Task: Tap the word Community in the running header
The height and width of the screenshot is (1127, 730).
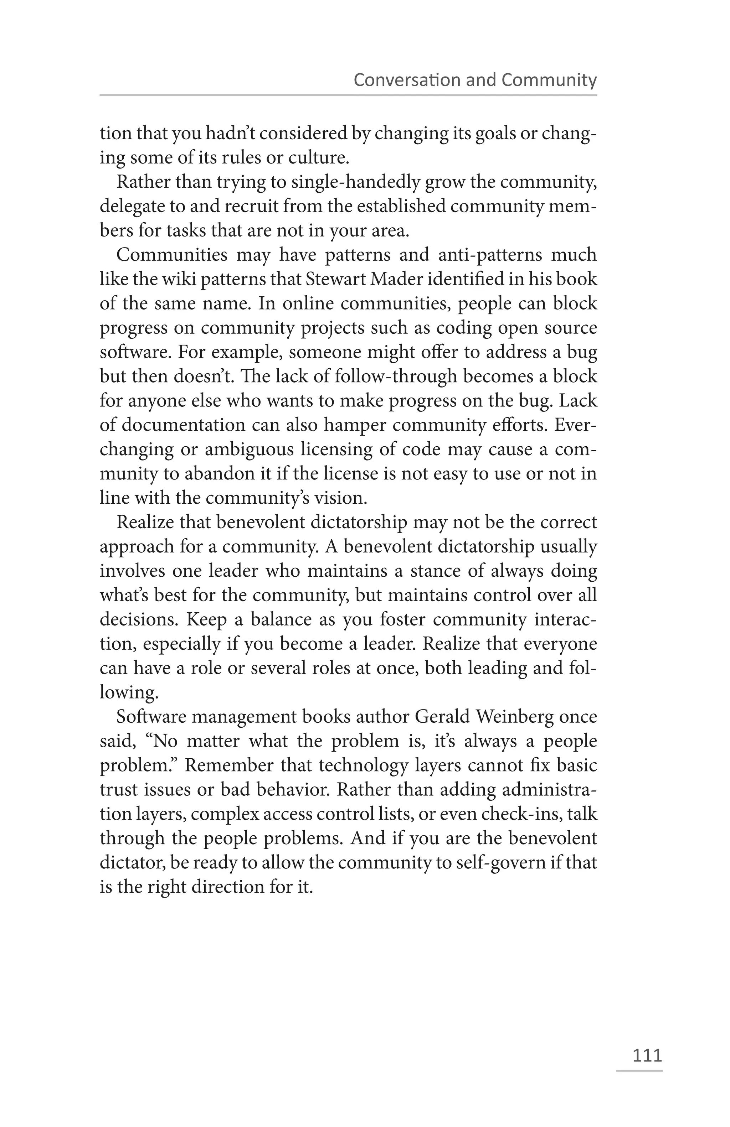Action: [549, 80]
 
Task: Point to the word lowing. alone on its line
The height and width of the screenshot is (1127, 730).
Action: [128, 693]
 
